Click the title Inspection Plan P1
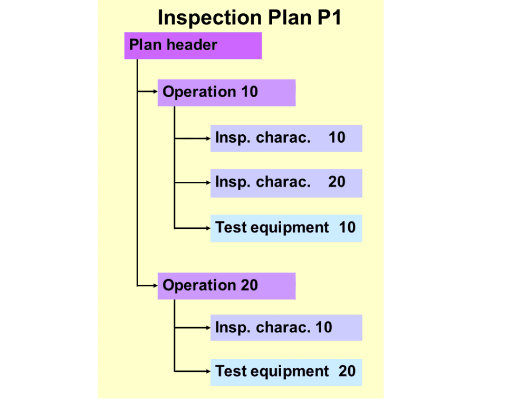pyautogui.click(x=250, y=17)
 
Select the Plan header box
pyautogui.click(x=193, y=45)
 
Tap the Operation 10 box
pyautogui.click(x=226, y=92)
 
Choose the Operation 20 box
pyautogui.click(x=226, y=286)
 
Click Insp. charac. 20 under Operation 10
pyautogui.click(x=286, y=183)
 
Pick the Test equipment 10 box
pyautogui.click(x=286, y=228)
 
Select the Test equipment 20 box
pyautogui.click(x=286, y=371)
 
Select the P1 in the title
pyautogui.click(x=329, y=17)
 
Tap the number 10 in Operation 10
pyautogui.click(x=250, y=92)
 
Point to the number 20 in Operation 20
pyautogui.click(x=250, y=285)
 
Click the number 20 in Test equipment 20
pyautogui.click(x=347, y=371)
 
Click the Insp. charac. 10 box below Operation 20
pyautogui.click(x=286, y=328)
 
